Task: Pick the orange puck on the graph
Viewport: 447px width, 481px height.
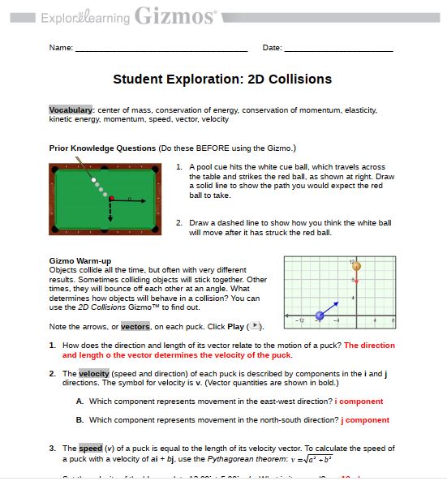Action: [355, 266]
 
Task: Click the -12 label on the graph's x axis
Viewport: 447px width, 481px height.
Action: [299, 321]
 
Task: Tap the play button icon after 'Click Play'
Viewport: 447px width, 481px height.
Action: [256, 326]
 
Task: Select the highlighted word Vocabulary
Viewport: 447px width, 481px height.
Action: [71, 110]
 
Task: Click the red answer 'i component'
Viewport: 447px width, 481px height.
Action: [359, 401]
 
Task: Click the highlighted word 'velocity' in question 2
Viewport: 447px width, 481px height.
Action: [94, 373]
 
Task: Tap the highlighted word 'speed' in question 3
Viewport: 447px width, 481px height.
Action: [89, 448]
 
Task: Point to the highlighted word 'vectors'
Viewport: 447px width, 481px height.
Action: [135, 326]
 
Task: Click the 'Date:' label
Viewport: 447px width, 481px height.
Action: [272, 48]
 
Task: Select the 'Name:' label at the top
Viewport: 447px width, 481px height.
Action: [61, 48]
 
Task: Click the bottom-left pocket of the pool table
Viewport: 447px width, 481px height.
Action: [54, 230]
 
